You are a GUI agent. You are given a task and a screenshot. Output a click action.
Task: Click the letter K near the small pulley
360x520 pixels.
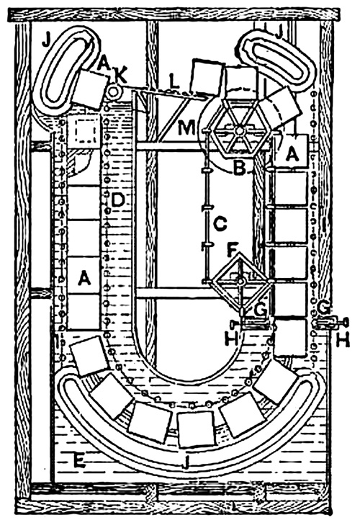point(120,76)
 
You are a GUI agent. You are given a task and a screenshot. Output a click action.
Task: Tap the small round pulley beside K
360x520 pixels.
point(114,92)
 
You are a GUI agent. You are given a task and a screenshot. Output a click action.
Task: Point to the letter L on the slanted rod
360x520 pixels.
point(175,81)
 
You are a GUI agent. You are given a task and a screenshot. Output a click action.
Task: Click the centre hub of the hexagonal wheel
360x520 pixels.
point(238,131)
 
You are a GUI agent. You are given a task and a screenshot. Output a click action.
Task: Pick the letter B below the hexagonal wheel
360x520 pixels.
point(239,168)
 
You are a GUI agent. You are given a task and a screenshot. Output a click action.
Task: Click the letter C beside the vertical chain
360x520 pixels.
point(220,224)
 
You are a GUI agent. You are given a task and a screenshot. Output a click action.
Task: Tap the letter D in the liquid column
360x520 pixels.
point(117,200)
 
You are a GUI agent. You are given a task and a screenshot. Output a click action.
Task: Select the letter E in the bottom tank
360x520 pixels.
point(78,460)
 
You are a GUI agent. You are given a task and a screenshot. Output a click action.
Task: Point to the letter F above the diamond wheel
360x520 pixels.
point(232,251)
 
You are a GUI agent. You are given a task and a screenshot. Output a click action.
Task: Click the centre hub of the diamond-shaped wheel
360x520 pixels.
point(241,282)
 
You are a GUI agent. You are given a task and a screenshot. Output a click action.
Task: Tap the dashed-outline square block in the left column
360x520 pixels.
point(86,132)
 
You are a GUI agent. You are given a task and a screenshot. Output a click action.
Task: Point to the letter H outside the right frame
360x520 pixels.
point(343,340)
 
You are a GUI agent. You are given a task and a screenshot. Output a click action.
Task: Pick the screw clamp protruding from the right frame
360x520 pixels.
point(330,323)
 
